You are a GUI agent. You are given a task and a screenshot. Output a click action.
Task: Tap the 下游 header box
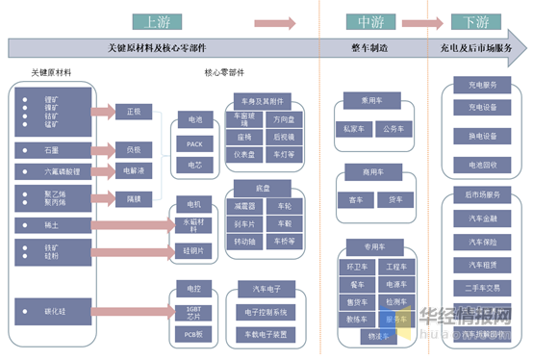[475, 21]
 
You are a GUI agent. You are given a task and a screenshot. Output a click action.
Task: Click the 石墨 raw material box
[52, 150]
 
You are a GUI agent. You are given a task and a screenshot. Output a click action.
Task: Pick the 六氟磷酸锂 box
[52, 171]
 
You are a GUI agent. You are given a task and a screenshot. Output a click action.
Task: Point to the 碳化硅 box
[52, 311]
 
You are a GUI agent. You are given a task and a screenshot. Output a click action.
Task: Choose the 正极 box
[134, 112]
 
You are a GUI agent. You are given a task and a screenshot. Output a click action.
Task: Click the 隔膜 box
[134, 198]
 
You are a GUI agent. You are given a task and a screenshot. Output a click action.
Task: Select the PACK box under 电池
[195, 144]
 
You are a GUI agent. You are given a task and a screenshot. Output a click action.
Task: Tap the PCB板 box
[195, 333]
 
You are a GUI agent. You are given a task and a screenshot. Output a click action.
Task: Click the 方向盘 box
[284, 120]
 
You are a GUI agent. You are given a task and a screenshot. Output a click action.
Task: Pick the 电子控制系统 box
[266, 312]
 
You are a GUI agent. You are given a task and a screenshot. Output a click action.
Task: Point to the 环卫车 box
[355, 266]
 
